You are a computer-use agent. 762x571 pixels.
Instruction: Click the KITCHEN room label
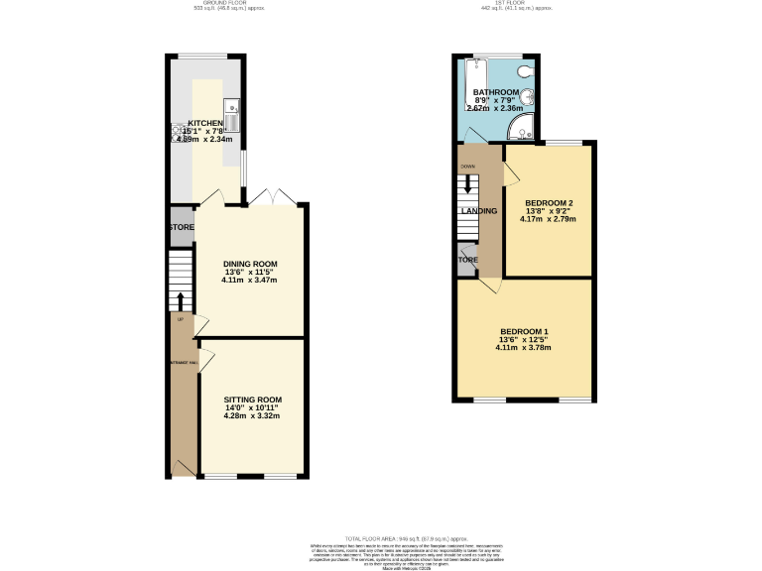pos(205,124)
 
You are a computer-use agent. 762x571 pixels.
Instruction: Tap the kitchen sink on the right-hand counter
pos(230,117)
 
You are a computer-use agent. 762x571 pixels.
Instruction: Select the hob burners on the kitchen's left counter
pos(180,132)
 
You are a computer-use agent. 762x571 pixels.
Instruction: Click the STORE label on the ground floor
pos(181,228)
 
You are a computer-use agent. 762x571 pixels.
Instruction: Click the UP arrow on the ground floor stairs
pos(180,300)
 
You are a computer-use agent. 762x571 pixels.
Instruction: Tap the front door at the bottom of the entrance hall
pos(182,467)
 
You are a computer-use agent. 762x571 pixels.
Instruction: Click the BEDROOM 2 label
pos(549,203)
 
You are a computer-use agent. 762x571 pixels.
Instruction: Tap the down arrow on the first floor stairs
pos(467,184)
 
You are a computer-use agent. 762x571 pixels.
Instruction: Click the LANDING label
pos(478,211)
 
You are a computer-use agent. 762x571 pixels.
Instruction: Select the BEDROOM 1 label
pos(523,330)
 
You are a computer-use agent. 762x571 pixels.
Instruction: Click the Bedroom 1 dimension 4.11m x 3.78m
pos(523,348)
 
